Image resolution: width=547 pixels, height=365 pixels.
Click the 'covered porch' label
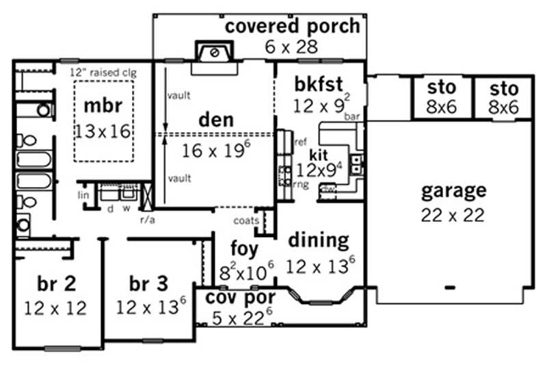292,27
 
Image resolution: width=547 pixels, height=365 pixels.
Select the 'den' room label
215,119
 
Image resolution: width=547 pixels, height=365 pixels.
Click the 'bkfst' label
319,84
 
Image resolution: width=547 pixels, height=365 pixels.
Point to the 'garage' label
453,190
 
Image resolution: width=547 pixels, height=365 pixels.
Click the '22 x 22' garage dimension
453,214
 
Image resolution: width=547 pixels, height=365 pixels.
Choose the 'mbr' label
103,106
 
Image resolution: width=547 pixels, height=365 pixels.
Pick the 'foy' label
244,248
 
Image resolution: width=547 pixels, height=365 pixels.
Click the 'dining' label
318,240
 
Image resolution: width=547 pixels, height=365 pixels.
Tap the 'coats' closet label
244,220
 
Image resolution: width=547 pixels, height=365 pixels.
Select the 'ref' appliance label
300,142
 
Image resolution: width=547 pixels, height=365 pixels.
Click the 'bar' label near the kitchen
352,117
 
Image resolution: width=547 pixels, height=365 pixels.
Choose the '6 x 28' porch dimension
292,47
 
